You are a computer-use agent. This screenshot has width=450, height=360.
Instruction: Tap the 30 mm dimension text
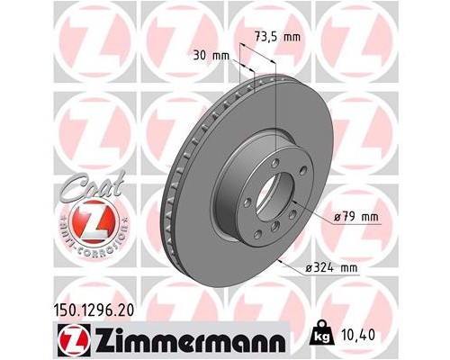(213, 55)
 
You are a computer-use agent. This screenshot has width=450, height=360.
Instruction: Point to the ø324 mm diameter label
(333, 267)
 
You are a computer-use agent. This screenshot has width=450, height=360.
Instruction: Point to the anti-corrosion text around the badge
(87, 247)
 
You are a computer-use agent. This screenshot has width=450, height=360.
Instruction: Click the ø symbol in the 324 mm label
(310, 267)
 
